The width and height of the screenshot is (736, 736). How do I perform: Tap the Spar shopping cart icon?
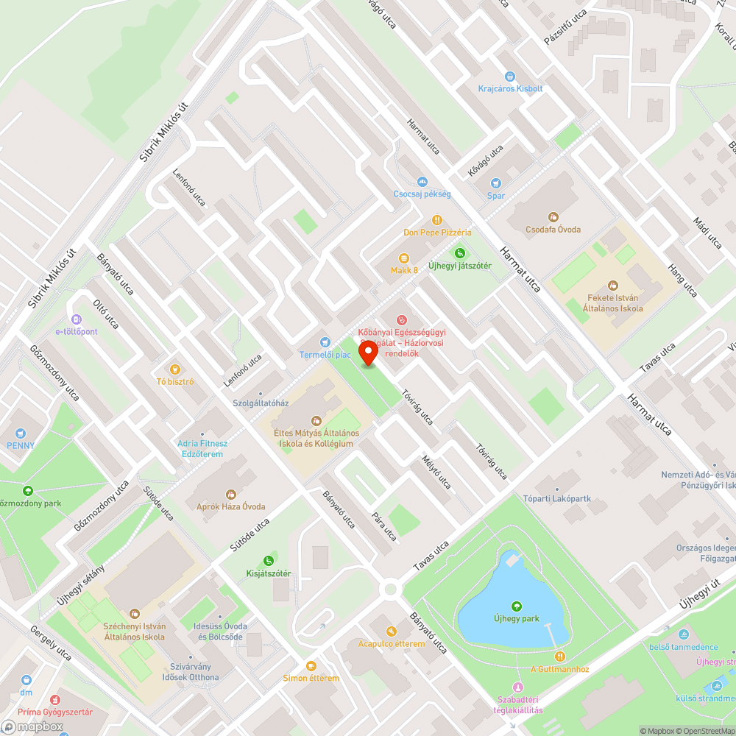pyautogui.click(x=496, y=183)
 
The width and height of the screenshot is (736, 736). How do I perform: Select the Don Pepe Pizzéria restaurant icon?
pyautogui.click(x=437, y=219)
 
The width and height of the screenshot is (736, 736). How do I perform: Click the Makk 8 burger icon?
pyautogui.click(x=403, y=258)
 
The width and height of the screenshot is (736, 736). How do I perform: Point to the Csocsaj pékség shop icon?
pyautogui.click(x=422, y=181)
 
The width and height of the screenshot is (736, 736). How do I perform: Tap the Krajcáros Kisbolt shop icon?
pyautogui.click(x=509, y=76)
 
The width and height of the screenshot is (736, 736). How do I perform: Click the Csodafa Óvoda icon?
pyautogui.click(x=553, y=217)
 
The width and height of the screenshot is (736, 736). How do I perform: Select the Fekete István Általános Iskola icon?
pyautogui.click(x=614, y=286)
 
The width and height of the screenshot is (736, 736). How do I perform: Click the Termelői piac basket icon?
pyautogui.click(x=325, y=342)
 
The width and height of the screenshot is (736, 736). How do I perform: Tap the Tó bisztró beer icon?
pyautogui.click(x=174, y=369)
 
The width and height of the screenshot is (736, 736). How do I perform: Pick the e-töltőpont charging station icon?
pyautogui.click(x=76, y=319)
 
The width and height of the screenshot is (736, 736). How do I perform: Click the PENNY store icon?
pyautogui.click(x=21, y=434)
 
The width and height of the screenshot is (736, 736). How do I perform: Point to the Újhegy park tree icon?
pyautogui.click(x=517, y=606)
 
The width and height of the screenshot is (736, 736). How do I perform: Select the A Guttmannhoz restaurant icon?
pyautogui.click(x=560, y=656)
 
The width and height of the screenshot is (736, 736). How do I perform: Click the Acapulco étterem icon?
pyautogui.click(x=391, y=631)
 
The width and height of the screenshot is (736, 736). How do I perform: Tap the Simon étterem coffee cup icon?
pyautogui.click(x=311, y=665)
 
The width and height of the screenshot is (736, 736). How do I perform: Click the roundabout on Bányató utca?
pyautogui.click(x=390, y=589)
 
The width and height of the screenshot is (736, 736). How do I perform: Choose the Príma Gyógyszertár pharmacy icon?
pyautogui.click(x=54, y=700)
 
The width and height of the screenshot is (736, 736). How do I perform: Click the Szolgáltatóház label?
pyautogui.click(x=261, y=403)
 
